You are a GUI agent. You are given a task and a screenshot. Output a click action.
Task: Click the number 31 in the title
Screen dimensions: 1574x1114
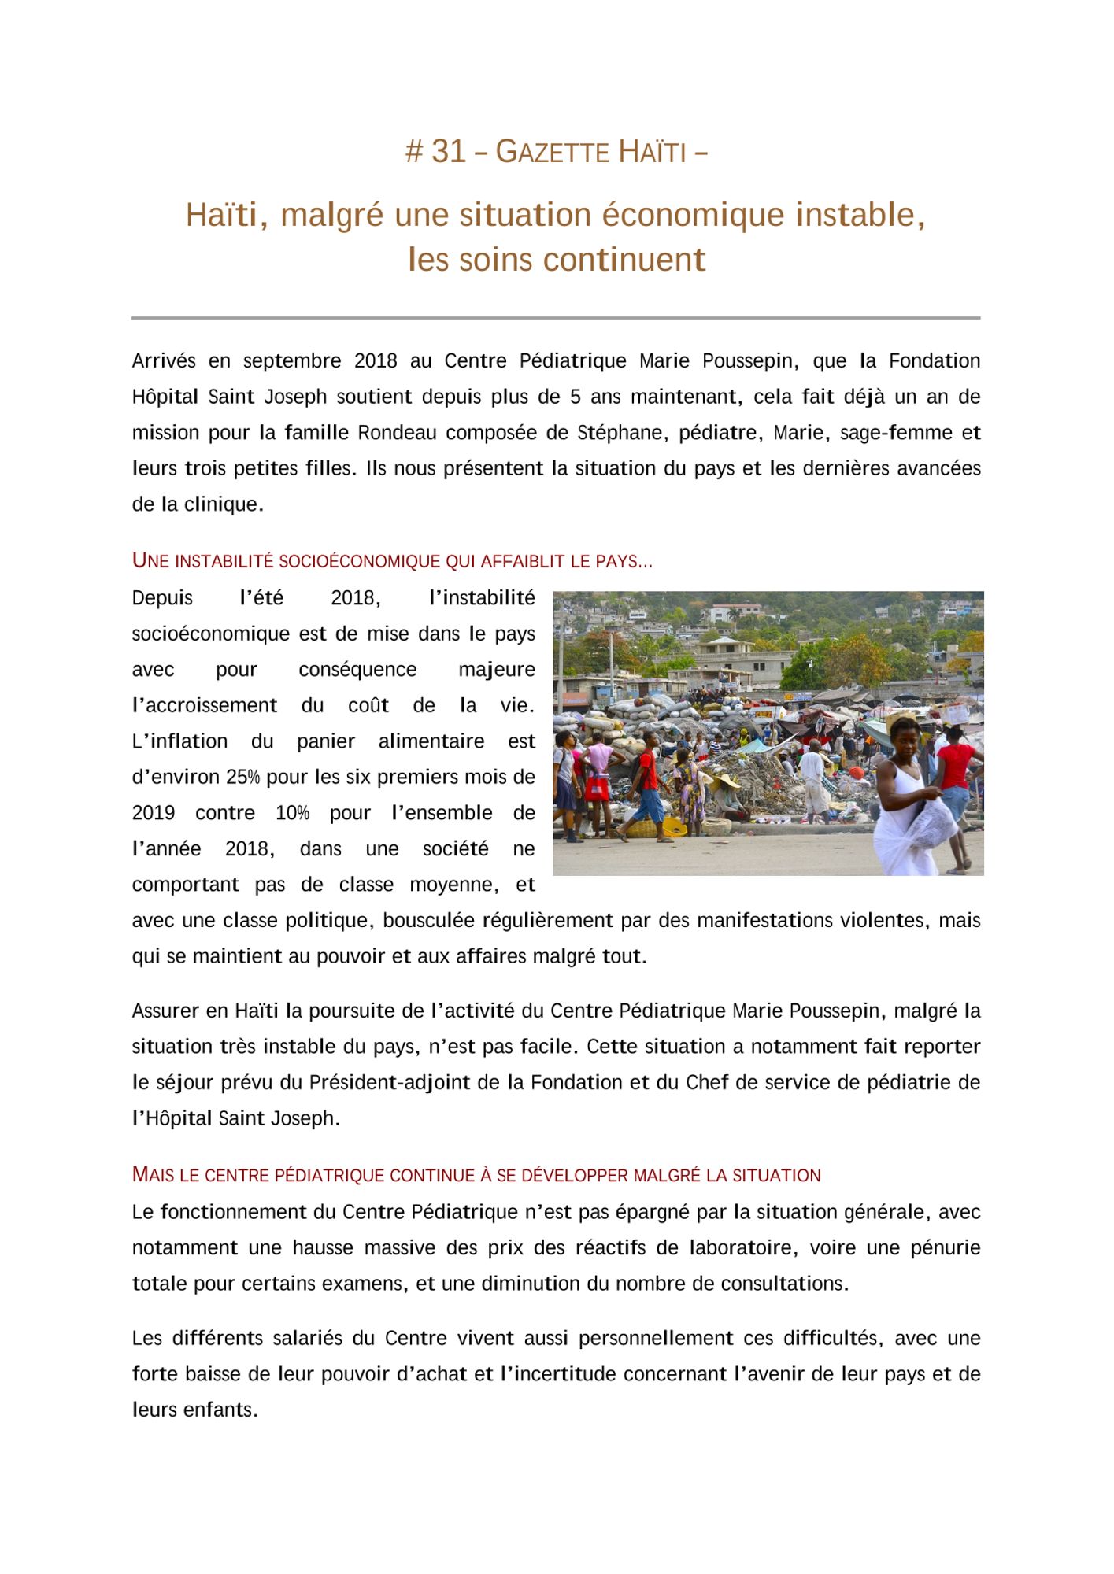pyautogui.click(x=449, y=151)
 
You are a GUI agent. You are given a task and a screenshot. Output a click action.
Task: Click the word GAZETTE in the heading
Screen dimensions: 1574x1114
pyautogui.click(x=552, y=152)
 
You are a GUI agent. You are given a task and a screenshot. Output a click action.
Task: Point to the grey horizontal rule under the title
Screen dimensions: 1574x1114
pyautogui.click(x=556, y=318)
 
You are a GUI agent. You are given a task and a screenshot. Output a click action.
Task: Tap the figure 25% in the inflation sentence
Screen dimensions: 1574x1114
pyautogui.click(x=242, y=777)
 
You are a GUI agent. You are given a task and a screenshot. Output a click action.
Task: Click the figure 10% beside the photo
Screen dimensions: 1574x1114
pyautogui.click(x=292, y=813)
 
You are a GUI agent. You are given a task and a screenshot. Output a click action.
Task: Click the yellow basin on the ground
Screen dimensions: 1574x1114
pyautogui.click(x=675, y=826)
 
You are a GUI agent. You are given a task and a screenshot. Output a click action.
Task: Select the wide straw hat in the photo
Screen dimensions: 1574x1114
pyautogui.click(x=725, y=781)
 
